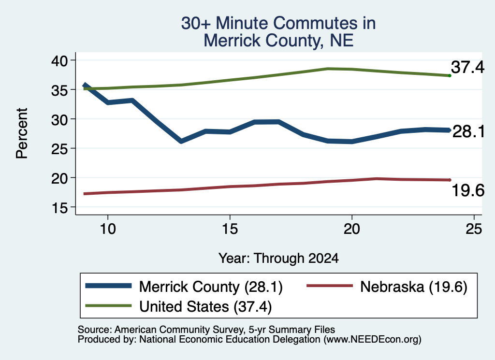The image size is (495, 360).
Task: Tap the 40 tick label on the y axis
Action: click(59, 60)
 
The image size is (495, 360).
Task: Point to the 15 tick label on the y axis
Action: click(59, 208)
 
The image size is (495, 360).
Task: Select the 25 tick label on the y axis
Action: click(59, 149)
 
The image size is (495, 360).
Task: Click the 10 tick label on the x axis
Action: click(108, 229)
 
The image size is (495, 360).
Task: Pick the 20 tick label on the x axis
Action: click(352, 229)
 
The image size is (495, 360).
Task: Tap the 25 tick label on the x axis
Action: click(474, 229)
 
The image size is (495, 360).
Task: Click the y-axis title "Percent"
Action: click(22, 133)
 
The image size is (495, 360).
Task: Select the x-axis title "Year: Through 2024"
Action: click(278, 258)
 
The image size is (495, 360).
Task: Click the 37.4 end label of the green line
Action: click(467, 67)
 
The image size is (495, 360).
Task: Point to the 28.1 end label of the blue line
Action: click(468, 131)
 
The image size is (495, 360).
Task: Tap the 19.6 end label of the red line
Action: click(468, 190)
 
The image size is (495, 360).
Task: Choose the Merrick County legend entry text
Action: click(211, 287)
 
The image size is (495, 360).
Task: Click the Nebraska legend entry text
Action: click(414, 287)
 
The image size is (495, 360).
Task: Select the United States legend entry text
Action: click(205, 307)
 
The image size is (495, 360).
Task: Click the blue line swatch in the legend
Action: click(108, 286)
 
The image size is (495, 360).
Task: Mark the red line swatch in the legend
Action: click(330, 286)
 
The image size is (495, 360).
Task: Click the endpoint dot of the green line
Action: click(450, 75)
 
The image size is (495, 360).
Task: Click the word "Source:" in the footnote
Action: click(95, 330)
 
